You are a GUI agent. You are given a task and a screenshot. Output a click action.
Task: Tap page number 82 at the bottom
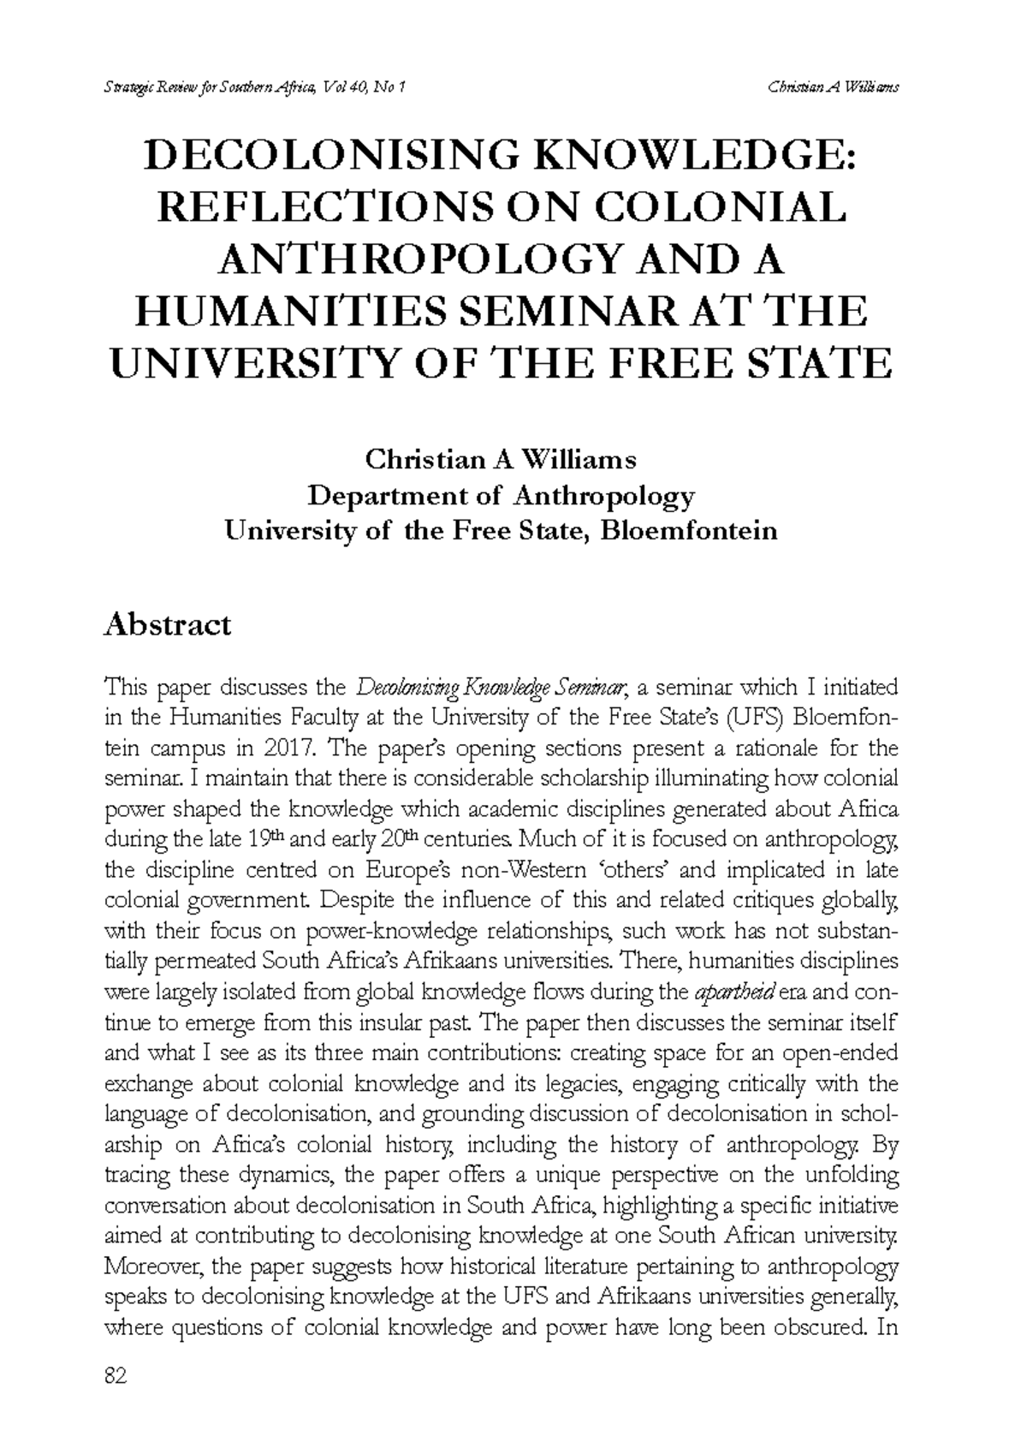[115, 1376]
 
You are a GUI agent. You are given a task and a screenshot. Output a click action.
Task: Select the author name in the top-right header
[833, 86]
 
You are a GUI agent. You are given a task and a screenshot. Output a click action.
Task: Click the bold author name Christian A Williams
[501, 461]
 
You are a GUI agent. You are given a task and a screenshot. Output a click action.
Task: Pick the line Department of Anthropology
[501, 496]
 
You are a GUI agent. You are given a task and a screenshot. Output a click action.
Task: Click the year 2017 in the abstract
[289, 748]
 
